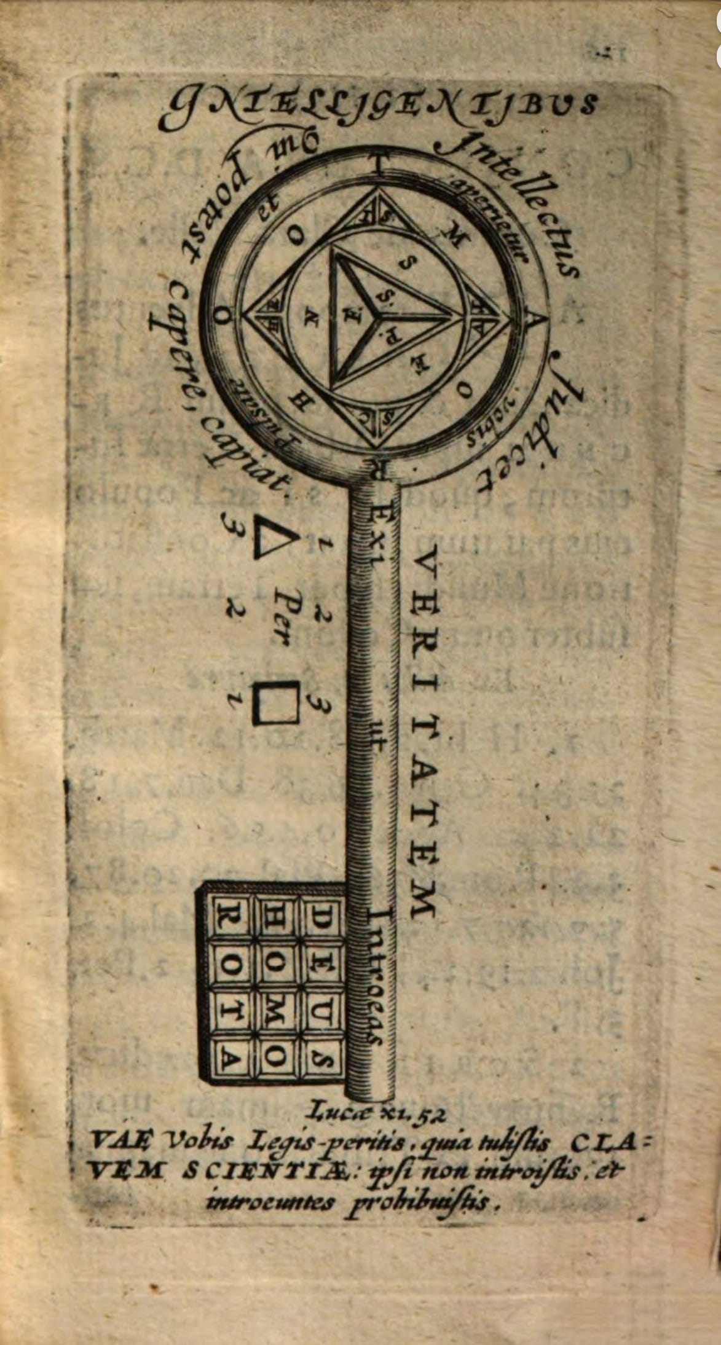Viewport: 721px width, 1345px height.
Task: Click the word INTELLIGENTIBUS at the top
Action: tap(377, 111)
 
